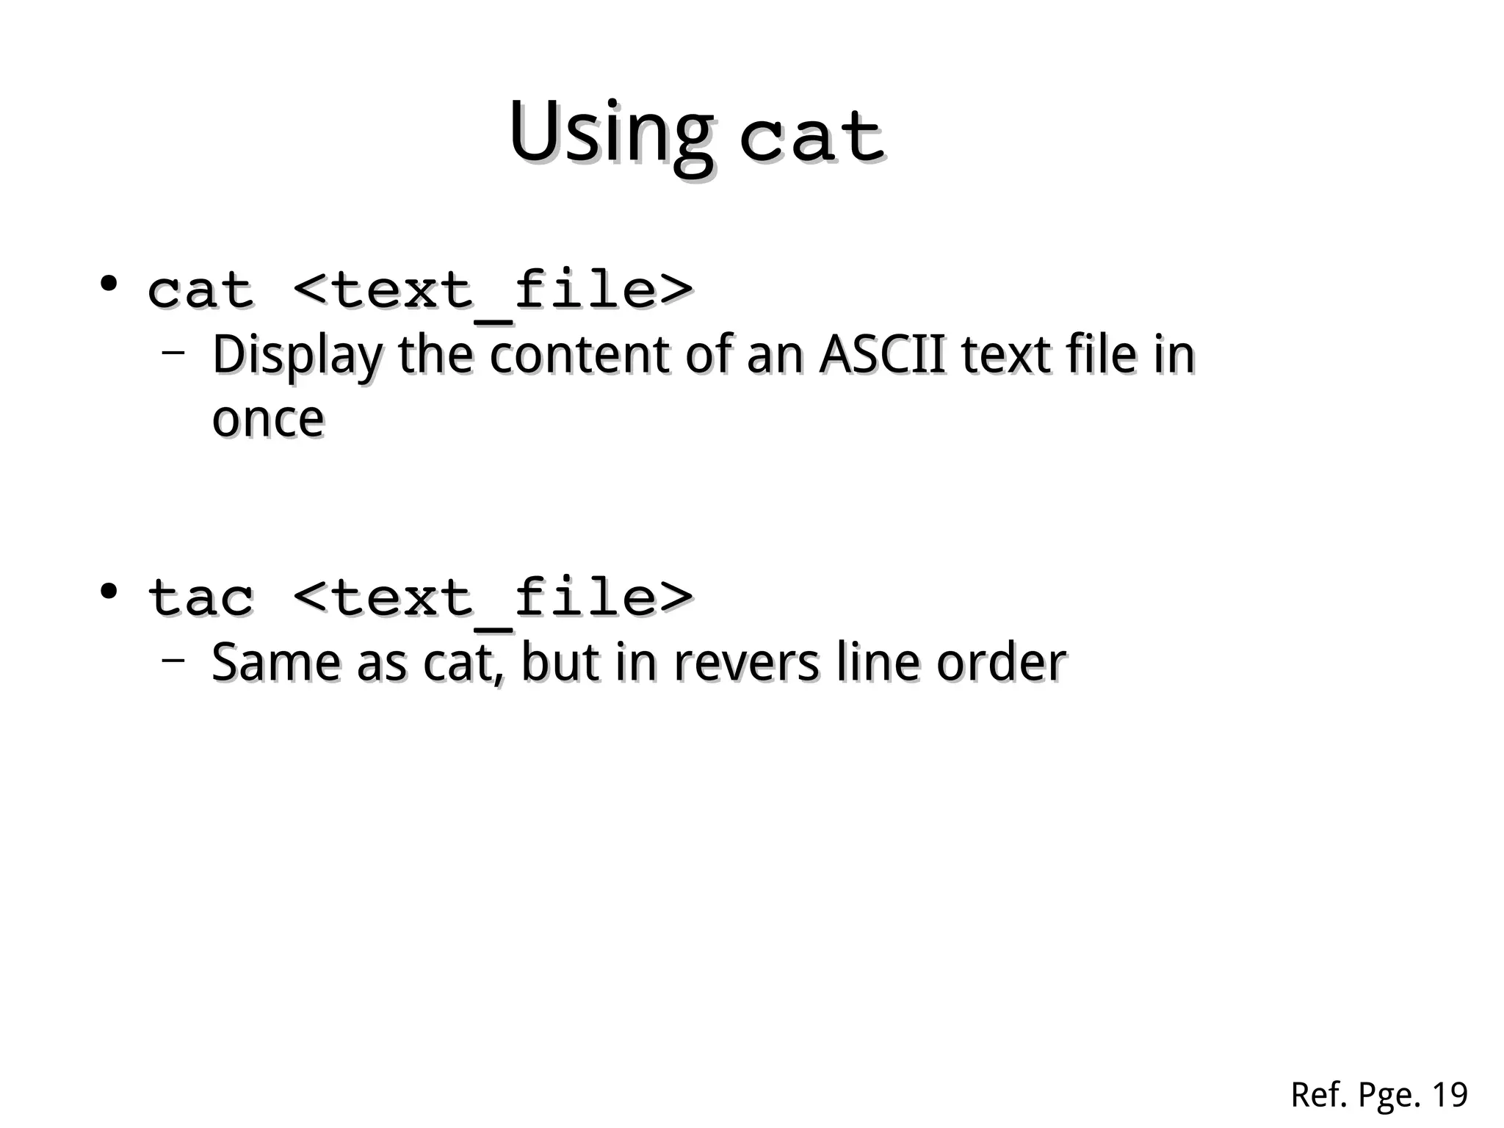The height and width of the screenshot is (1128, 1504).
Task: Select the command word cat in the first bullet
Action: [x=200, y=290]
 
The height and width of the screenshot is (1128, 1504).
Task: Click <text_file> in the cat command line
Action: [x=493, y=291]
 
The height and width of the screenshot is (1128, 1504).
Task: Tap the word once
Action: [x=268, y=420]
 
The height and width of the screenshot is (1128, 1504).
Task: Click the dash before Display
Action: [x=173, y=353]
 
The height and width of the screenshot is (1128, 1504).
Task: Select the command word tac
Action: [x=200, y=597]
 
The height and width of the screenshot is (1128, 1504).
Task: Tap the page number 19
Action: [x=1450, y=1095]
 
